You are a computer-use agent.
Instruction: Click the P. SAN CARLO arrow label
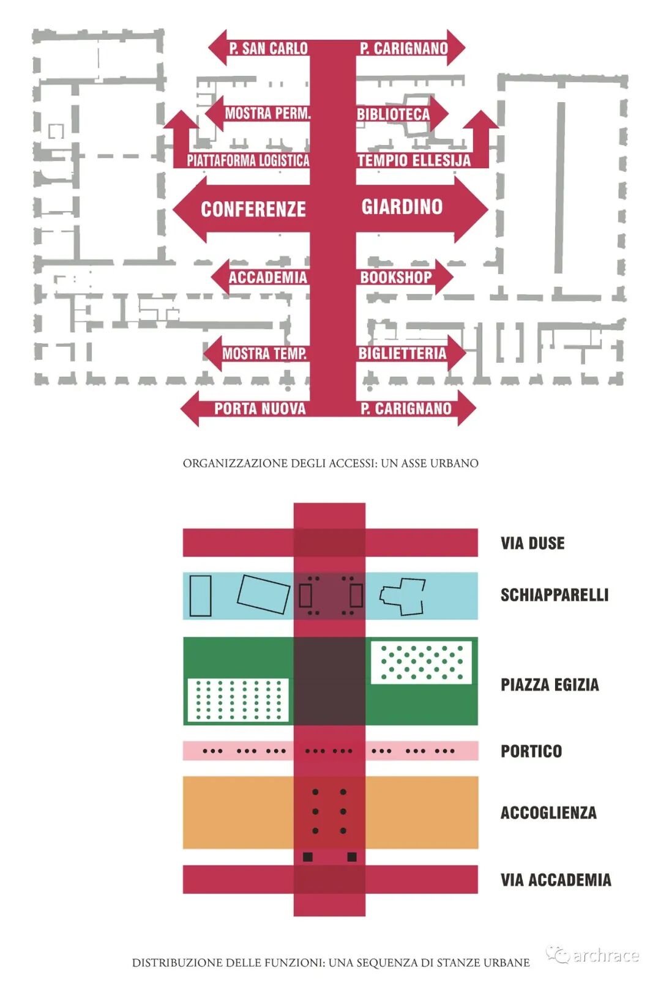pyautogui.click(x=268, y=48)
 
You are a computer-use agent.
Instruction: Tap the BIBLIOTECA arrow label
pyautogui.click(x=394, y=114)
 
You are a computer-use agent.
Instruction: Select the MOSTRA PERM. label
pyautogui.click(x=267, y=113)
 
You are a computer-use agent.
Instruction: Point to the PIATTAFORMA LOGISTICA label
pyautogui.click(x=248, y=161)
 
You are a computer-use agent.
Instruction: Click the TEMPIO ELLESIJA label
pyautogui.click(x=414, y=161)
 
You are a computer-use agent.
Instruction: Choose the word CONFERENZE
pyautogui.click(x=253, y=209)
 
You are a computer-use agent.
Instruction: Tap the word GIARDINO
pyautogui.click(x=402, y=207)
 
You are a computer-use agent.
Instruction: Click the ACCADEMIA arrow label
pyautogui.click(x=267, y=278)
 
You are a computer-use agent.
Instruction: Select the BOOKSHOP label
pyautogui.click(x=396, y=278)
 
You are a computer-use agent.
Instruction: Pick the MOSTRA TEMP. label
pyautogui.click(x=264, y=354)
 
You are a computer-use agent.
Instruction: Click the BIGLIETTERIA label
pyautogui.click(x=402, y=354)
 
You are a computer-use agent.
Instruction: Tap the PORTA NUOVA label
pyautogui.click(x=260, y=409)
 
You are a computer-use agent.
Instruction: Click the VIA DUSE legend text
pyautogui.click(x=532, y=543)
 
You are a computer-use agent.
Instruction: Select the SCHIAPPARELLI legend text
pyautogui.click(x=555, y=595)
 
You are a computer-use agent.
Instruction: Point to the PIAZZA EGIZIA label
pyautogui.click(x=550, y=684)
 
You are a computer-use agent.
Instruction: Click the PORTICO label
pyautogui.click(x=531, y=751)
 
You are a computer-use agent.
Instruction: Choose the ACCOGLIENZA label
pyautogui.click(x=548, y=813)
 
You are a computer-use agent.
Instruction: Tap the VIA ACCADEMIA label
pyautogui.click(x=556, y=880)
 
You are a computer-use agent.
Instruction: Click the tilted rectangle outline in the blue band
pyautogui.click(x=264, y=594)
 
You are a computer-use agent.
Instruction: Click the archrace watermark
pyautogui.click(x=594, y=955)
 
